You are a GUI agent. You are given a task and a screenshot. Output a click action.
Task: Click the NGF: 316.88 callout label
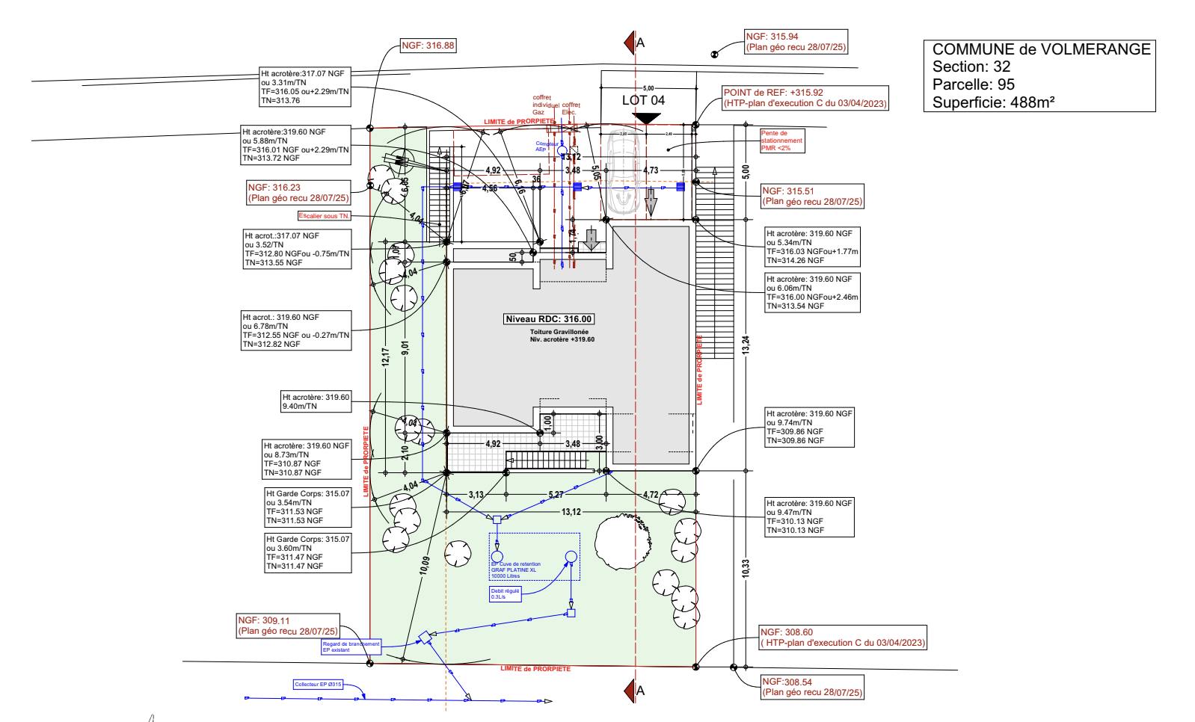pos(428,46)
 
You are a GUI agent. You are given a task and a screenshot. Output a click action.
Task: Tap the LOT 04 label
pos(643,100)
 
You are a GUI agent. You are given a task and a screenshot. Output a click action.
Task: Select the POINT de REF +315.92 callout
pos(805,98)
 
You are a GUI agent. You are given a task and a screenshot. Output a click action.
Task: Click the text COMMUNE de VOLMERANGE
pos(1041,49)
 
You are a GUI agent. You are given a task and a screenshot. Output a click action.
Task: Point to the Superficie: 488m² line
pos(993,102)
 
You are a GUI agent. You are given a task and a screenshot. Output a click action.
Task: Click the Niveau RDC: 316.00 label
pos(549,319)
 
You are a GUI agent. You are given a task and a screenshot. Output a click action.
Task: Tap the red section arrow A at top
pos(630,43)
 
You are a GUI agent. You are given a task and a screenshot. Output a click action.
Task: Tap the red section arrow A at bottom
pos(630,691)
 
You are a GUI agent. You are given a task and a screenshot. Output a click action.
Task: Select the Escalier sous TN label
pos(324,216)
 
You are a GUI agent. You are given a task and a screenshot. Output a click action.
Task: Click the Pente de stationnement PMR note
pos(781,141)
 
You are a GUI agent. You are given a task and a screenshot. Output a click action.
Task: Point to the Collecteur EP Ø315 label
pos(318,685)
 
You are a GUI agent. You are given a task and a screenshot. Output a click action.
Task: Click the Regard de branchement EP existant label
pos(351,647)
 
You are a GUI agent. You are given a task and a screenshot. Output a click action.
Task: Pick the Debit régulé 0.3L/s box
pos(506,594)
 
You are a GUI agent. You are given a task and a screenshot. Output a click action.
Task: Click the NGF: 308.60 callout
pos(842,638)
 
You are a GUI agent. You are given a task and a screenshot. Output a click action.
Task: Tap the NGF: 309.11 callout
pos(288,626)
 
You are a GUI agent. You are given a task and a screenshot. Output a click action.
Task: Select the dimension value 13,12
pos(571,512)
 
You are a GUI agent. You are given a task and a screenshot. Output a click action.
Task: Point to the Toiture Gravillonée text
pos(559,332)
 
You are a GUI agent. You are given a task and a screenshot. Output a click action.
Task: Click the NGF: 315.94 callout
pos(796,42)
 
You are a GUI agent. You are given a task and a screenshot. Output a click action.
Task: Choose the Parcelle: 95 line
pos(973,84)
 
